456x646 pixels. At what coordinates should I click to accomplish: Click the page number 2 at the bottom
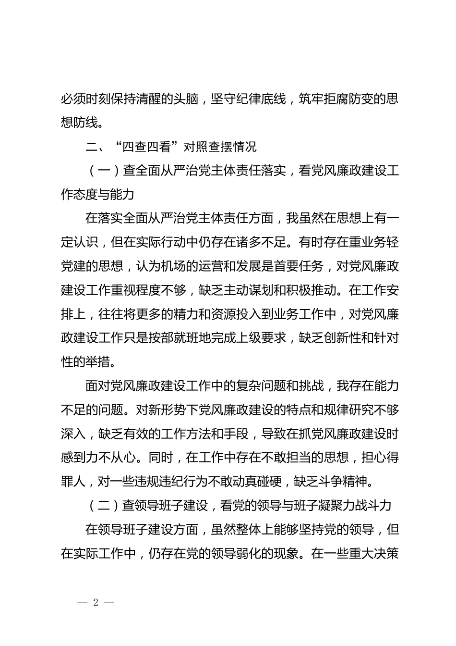coord(96,603)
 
